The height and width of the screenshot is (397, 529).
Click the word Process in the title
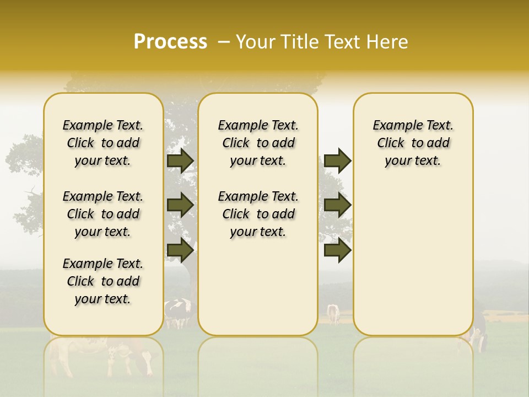[170, 42]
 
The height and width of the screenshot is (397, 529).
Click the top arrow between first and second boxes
[180, 160]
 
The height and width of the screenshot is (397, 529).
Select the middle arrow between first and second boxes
[180, 205]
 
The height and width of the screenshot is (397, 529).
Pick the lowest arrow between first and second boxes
[180, 250]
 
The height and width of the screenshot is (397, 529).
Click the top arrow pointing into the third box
[337, 160]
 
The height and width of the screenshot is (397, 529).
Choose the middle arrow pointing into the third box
[337, 205]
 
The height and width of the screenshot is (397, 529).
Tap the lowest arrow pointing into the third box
[337, 250]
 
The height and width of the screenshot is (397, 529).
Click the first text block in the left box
[103, 143]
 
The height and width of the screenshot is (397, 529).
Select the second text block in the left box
[103, 214]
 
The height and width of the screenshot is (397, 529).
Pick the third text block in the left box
[103, 281]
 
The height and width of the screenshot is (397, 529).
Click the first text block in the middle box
[258, 143]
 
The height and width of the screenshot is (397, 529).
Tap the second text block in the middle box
[258, 214]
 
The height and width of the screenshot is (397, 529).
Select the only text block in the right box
[413, 143]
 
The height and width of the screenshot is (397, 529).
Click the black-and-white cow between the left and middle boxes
[177, 312]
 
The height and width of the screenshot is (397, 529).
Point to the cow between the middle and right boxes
[333, 313]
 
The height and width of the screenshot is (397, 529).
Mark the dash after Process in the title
[223, 42]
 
